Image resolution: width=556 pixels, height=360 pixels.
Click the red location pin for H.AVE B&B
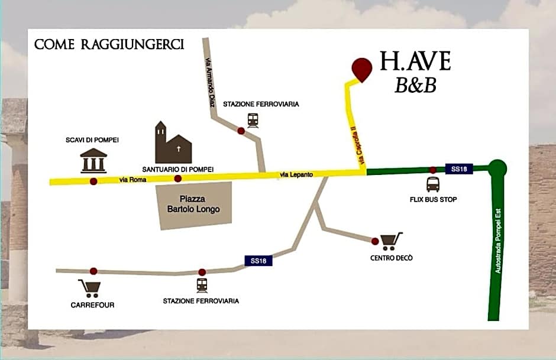361,69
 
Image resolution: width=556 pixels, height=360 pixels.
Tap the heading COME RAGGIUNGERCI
109,44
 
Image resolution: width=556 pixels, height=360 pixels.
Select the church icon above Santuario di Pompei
173,144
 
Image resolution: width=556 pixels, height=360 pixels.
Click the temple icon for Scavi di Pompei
93,161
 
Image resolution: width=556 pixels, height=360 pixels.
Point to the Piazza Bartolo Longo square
193,205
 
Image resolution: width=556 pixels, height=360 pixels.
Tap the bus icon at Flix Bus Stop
433,184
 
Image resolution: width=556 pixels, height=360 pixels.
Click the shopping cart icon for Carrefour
90,288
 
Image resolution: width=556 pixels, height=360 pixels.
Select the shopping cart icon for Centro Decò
392,241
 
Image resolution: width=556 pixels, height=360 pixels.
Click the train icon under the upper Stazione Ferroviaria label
253,120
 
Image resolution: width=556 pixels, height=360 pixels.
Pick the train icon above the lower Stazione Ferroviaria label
202,285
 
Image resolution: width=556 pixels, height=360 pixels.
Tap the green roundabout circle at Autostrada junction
498,168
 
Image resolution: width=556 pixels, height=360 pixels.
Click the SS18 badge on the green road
459,169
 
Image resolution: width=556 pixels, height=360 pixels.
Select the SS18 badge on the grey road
258,261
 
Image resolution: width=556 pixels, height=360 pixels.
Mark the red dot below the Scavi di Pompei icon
93,181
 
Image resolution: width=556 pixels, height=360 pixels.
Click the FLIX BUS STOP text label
433,200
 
